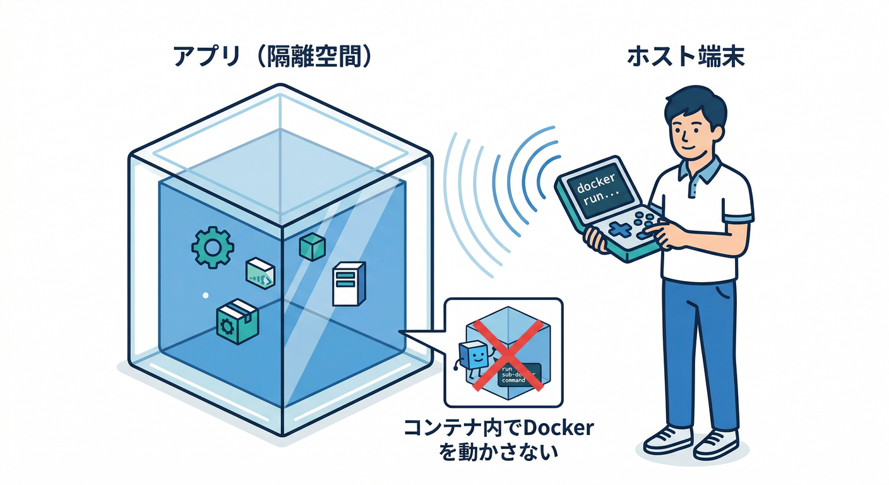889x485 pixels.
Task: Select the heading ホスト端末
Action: click(x=686, y=57)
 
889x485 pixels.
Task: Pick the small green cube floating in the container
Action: click(x=311, y=245)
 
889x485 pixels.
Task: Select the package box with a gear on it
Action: click(x=237, y=321)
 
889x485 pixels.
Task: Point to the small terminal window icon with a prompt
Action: click(x=260, y=273)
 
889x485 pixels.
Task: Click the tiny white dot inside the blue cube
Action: click(x=205, y=295)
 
